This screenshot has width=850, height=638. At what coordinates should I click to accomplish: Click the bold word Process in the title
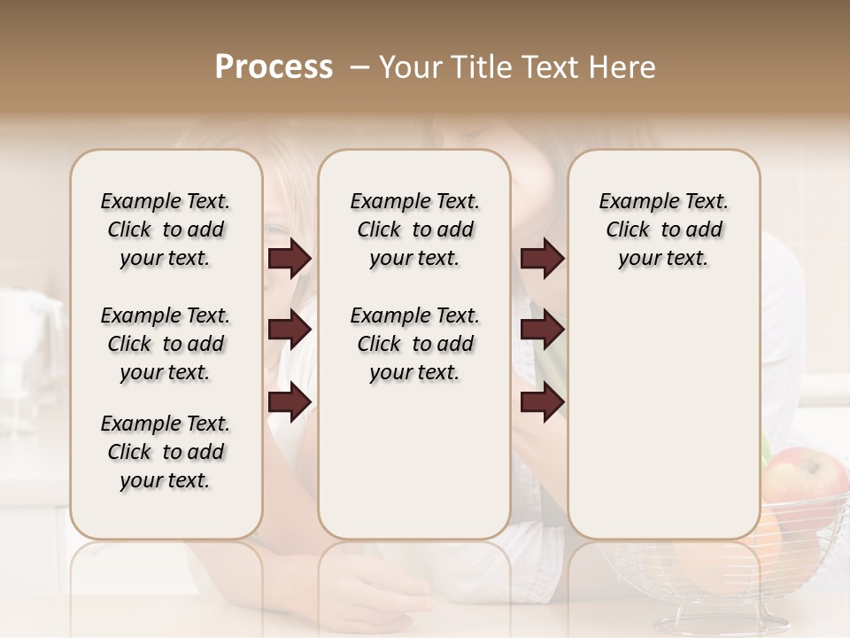tap(274, 67)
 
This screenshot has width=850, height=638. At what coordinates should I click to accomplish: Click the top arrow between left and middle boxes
tap(290, 259)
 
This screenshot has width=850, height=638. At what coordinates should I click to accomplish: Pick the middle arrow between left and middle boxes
tap(290, 330)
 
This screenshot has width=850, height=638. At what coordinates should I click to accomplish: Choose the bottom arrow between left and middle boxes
tap(290, 401)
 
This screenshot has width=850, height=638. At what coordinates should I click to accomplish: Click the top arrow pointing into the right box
tap(542, 259)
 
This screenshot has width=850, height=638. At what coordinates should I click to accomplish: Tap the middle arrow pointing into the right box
tap(542, 330)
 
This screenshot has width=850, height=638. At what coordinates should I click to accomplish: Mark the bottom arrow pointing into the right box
tap(542, 401)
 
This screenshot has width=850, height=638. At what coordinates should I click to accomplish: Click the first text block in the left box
tap(166, 230)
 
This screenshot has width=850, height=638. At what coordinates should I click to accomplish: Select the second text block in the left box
tap(166, 344)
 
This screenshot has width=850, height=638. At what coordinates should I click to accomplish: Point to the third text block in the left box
tap(166, 452)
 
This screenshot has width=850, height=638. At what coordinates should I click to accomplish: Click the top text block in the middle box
tap(414, 230)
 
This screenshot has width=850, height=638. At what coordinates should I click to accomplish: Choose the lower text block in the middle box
tap(414, 344)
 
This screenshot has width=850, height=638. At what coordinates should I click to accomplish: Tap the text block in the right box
tap(663, 230)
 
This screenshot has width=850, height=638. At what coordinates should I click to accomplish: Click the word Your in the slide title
tap(409, 67)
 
